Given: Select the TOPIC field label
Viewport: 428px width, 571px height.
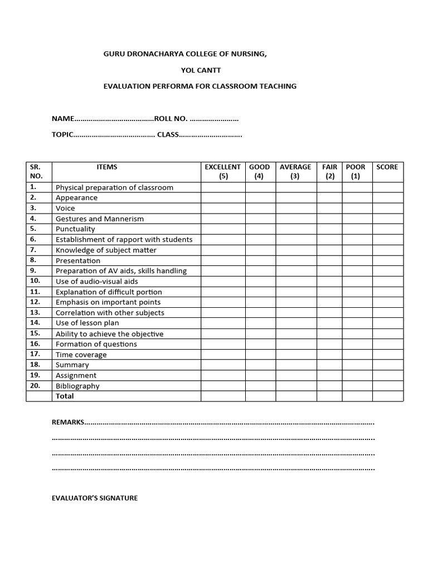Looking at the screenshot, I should coord(62,135).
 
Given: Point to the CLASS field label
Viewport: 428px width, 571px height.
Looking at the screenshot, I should coord(168,135).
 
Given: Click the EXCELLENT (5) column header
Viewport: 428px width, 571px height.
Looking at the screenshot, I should coord(223,172).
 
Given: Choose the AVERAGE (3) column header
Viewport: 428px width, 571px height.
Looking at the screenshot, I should coord(295,172).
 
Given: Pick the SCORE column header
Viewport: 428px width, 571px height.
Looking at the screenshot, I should coord(387,167).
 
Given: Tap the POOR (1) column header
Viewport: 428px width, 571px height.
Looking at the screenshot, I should coord(356,172).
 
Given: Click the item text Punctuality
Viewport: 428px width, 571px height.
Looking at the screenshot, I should coord(75,229).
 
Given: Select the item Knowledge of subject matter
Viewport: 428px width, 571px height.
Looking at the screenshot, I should coord(106,250).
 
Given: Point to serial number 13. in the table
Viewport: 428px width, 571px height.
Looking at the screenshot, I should coord(35,313).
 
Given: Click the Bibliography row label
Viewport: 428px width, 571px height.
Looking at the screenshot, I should coord(77,386).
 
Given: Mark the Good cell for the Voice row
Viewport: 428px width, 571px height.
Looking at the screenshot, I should coord(260,208).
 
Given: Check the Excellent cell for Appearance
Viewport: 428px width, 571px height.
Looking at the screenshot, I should coord(223,198).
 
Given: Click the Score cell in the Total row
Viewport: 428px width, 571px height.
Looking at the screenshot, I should coord(387,396).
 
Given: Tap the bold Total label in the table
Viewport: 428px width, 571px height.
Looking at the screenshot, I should coord(65,396).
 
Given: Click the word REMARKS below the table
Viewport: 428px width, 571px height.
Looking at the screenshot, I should coord(67,422).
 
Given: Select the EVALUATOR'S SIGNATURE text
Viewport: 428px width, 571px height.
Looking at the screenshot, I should coord(95,498).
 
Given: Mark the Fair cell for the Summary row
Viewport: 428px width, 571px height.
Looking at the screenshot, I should coord(329,365).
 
